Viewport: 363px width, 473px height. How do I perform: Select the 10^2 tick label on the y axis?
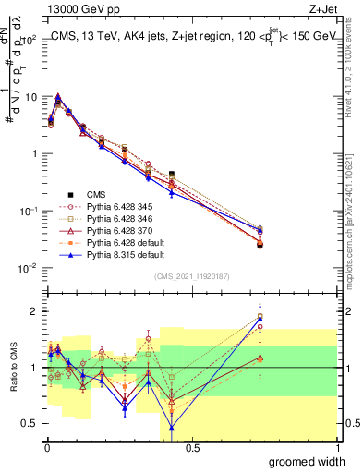pos(29,40)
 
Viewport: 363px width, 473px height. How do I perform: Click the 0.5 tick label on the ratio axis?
pos(31,424)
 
